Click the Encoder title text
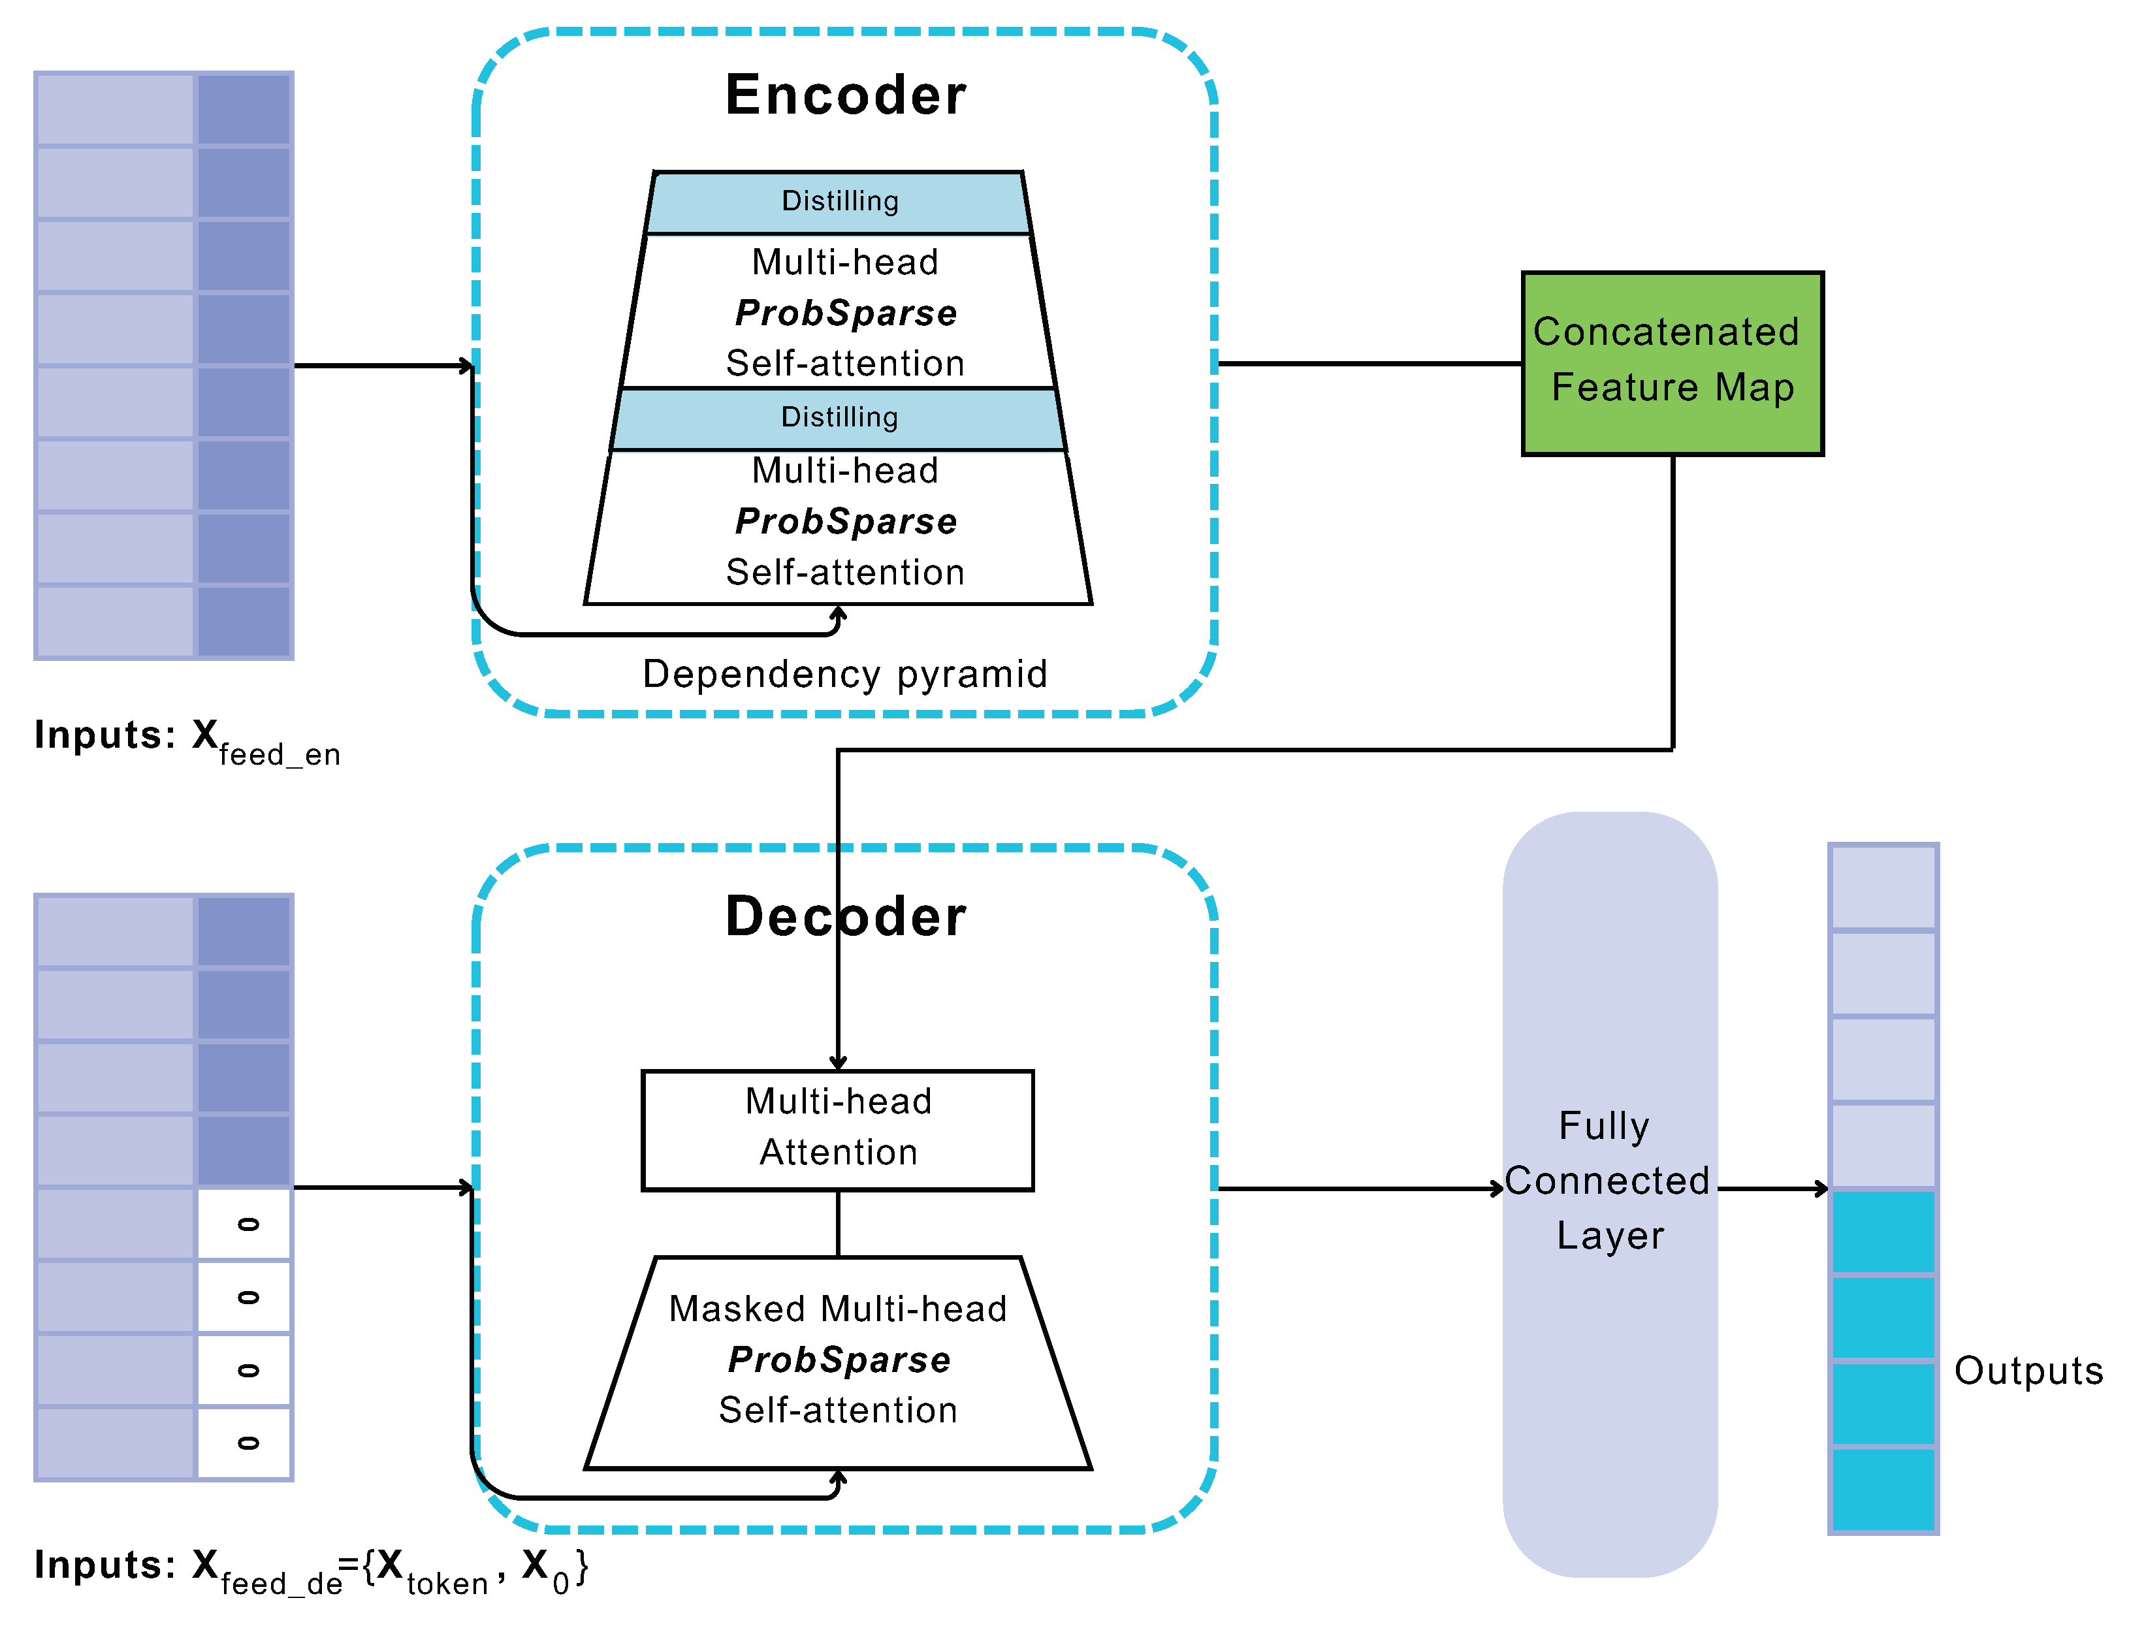844,95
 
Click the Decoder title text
844,916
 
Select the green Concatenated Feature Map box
1671,363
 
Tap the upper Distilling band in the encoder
839,202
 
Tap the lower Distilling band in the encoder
839,418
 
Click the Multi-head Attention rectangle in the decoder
837,1129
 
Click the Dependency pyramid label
844,673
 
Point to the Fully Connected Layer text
1608,1180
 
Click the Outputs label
2027,1370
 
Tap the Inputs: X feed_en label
186,739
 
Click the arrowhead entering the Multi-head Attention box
837,1063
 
